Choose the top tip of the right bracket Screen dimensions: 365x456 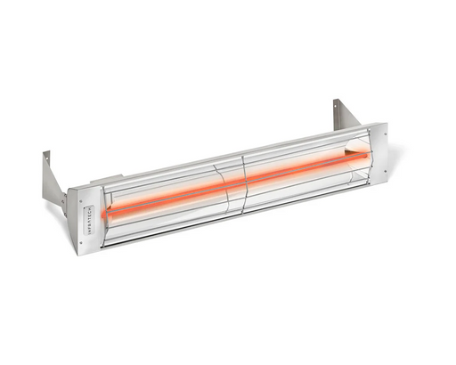tap(338, 100)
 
